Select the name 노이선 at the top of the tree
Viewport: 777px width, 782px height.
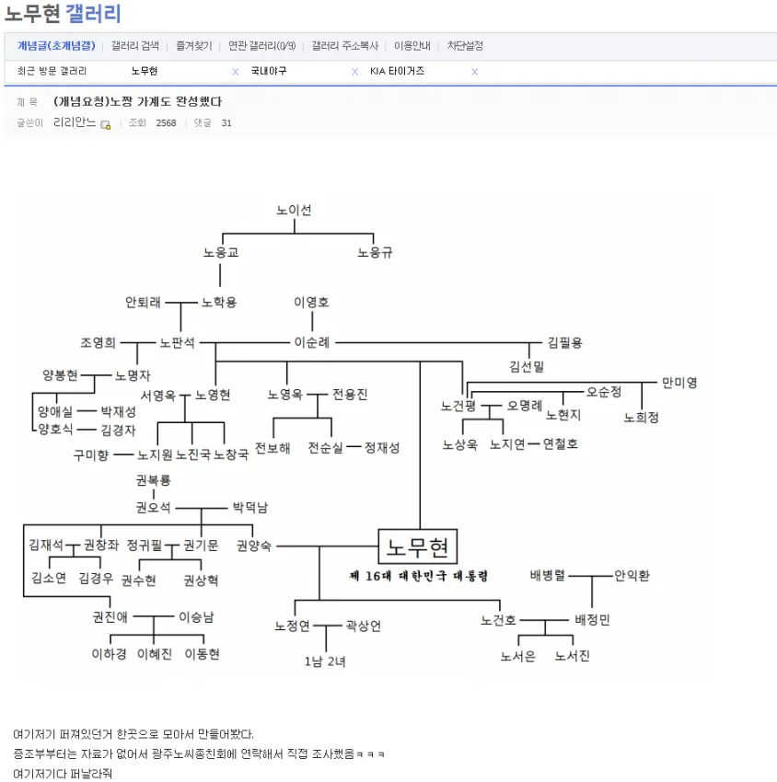294,210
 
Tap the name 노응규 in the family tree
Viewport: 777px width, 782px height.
375,252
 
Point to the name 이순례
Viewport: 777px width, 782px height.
311,342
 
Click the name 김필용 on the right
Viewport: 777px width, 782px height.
563,342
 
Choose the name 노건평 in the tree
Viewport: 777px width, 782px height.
458,406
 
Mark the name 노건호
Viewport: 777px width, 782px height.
498,620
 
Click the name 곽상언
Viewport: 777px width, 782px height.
363,626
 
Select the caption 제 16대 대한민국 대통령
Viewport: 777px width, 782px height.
419,576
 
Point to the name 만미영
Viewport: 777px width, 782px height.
679,382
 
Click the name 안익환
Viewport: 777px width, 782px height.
632,576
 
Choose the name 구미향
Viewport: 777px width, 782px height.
91,454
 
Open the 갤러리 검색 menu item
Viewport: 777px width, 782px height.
135,45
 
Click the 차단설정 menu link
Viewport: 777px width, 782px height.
465,45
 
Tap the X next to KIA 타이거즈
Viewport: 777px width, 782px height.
475,72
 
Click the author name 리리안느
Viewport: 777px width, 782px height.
75,123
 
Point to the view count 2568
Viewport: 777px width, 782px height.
166,123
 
